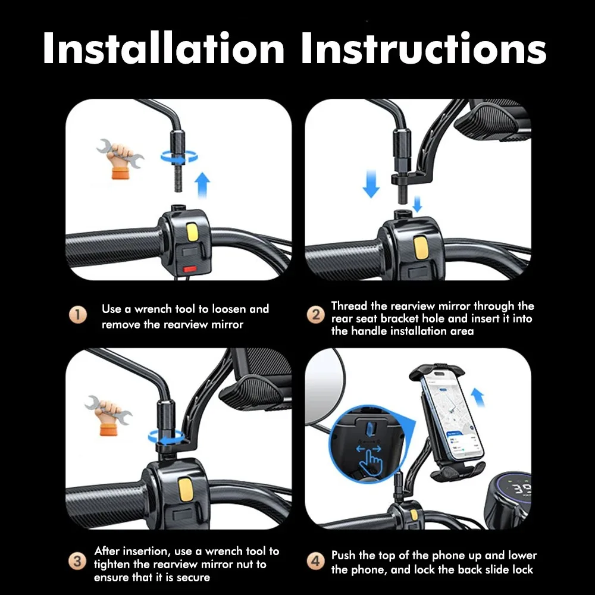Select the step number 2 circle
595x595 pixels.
point(315,315)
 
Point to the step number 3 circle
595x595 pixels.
point(77,561)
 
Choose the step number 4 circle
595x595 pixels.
point(315,561)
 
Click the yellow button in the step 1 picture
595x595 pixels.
point(192,233)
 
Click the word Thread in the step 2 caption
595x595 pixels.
point(349,306)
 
